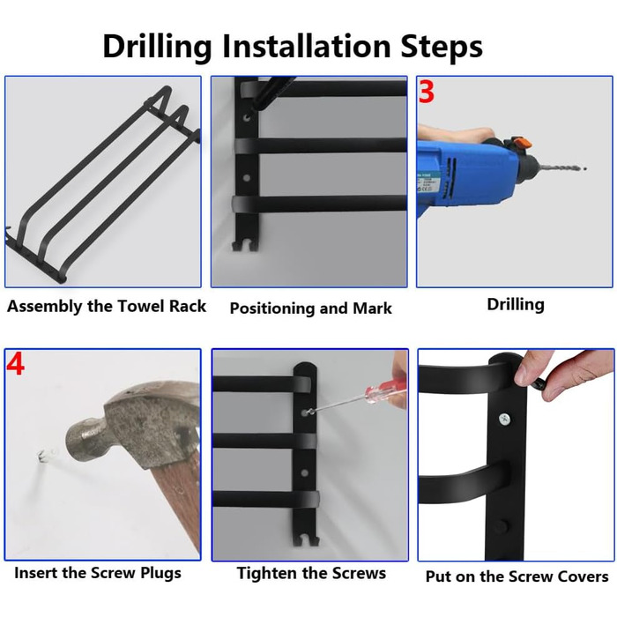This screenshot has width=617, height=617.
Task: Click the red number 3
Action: coord(426,92)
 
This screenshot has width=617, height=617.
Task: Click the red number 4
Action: coord(15,364)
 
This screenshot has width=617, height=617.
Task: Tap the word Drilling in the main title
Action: coord(157,47)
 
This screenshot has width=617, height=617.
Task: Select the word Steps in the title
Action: coord(441,47)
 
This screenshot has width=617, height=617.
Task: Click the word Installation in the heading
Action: coord(306,46)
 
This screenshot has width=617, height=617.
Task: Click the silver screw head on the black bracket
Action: coord(504,419)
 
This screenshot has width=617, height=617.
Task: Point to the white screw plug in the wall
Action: coord(43,456)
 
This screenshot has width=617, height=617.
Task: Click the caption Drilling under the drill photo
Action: coord(516,305)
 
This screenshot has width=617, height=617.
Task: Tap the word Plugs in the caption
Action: coord(160,573)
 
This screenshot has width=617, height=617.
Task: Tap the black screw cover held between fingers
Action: coord(539,383)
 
